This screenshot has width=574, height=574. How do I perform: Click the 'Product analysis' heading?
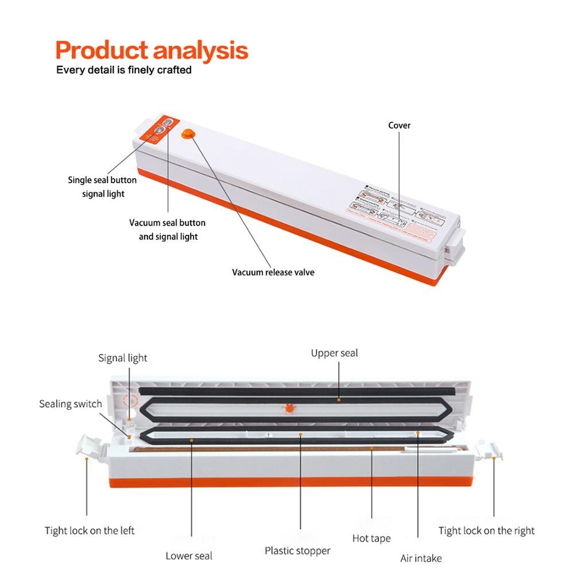tap(152, 51)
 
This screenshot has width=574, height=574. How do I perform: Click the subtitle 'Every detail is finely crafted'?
tap(123, 71)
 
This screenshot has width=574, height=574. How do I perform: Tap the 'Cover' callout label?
tap(399, 125)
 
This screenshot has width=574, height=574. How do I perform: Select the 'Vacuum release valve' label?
tap(273, 272)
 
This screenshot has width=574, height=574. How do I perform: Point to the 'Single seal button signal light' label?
tap(102, 187)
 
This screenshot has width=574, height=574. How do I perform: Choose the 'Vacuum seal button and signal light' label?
tap(167, 230)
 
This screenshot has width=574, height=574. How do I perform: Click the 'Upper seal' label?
tap(334, 353)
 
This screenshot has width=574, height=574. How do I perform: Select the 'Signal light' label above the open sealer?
tap(122, 358)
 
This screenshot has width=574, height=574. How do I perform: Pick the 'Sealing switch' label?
tap(70, 404)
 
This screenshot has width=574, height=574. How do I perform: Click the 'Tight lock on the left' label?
tap(90, 530)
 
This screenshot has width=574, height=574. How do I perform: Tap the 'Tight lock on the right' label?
tap(486, 530)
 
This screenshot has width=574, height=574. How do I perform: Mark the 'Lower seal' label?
tap(189, 555)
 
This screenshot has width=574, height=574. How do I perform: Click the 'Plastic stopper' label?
tap(297, 550)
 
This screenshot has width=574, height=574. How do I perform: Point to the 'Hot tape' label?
tap(371, 538)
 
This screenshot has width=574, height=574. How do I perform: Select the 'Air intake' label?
tap(421, 557)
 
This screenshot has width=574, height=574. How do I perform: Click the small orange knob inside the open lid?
tap(288, 408)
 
